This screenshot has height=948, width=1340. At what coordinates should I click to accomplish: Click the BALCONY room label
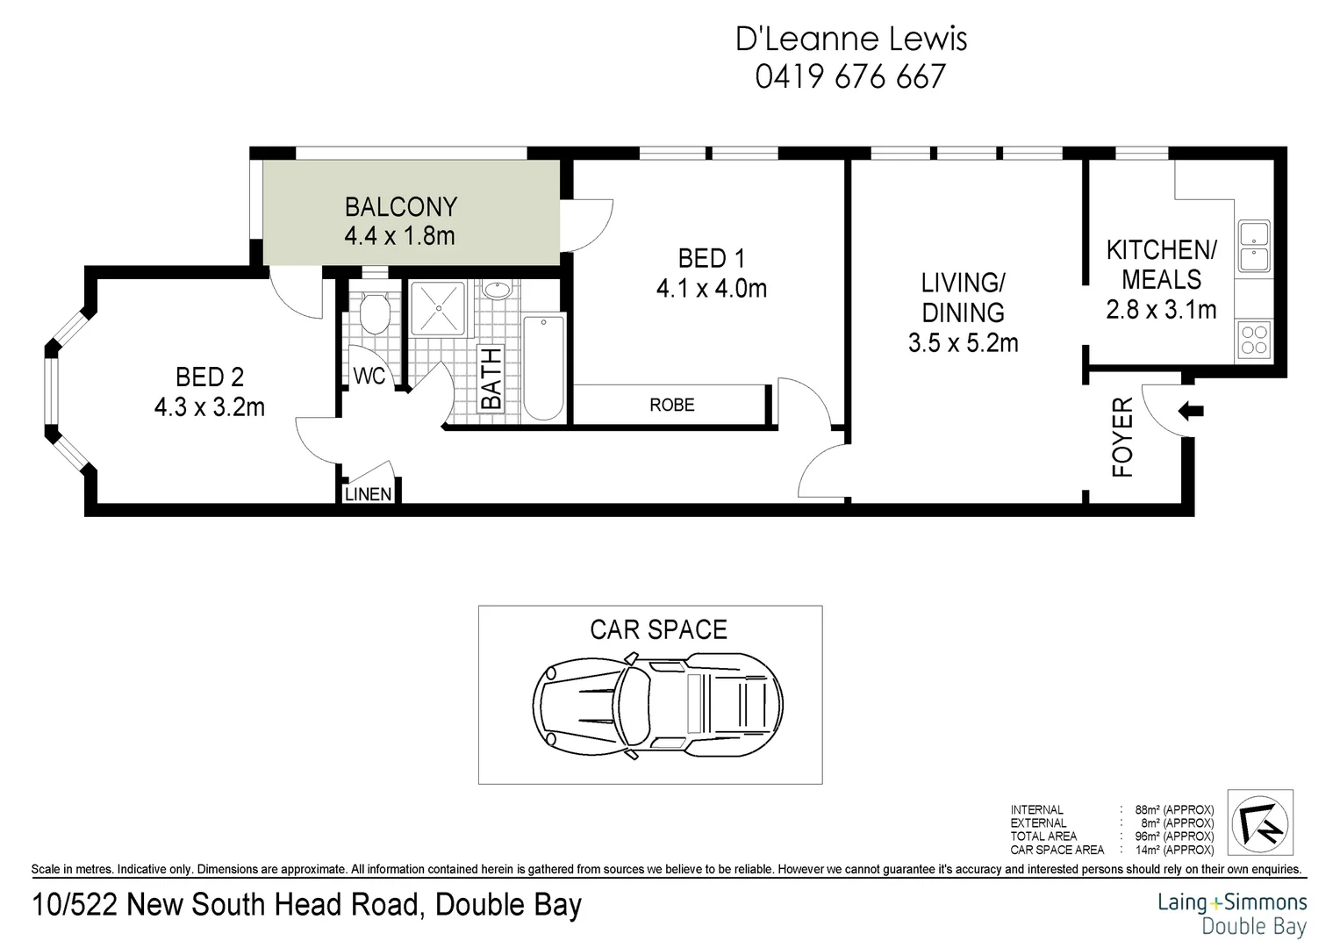400,207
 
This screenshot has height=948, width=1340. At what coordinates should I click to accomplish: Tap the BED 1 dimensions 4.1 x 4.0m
711,288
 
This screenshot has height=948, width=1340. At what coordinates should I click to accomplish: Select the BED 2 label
210,377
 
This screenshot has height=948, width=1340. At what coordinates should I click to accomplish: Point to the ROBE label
672,405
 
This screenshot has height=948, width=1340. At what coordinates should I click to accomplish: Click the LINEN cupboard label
368,494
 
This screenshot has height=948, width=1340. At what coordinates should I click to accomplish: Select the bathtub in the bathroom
544,369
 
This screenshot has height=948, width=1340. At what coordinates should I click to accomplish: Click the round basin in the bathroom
498,291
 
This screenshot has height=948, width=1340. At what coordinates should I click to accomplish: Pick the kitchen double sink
1252,247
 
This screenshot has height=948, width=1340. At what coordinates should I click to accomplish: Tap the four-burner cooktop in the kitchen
1253,339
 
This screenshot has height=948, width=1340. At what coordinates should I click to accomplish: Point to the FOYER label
1123,437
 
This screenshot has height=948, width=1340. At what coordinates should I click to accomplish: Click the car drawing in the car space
658,704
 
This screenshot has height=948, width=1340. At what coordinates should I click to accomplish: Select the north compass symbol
1261,822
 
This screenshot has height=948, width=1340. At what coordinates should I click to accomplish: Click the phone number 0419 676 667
850,77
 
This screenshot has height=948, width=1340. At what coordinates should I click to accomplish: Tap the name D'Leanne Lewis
850,39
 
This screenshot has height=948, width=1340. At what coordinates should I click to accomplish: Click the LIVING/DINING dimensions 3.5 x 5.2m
963,342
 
